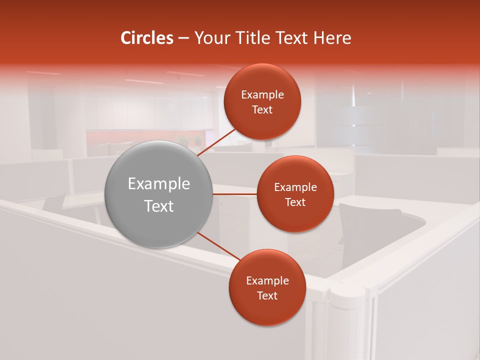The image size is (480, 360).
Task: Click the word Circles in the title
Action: click(x=147, y=38)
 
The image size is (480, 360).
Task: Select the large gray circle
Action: click(x=159, y=194)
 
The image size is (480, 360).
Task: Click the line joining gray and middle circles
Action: click(x=235, y=193)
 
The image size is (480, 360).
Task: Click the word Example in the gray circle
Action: click(x=159, y=184)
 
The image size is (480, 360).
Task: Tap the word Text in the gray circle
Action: click(x=159, y=206)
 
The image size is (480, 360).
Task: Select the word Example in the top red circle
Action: click(x=262, y=95)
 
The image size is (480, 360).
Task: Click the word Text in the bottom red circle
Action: click(x=267, y=295)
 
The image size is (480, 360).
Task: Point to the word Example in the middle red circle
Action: click(x=295, y=187)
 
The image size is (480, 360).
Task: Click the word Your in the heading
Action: click(x=210, y=38)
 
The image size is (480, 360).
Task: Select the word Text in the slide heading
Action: click(x=292, y=38)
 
